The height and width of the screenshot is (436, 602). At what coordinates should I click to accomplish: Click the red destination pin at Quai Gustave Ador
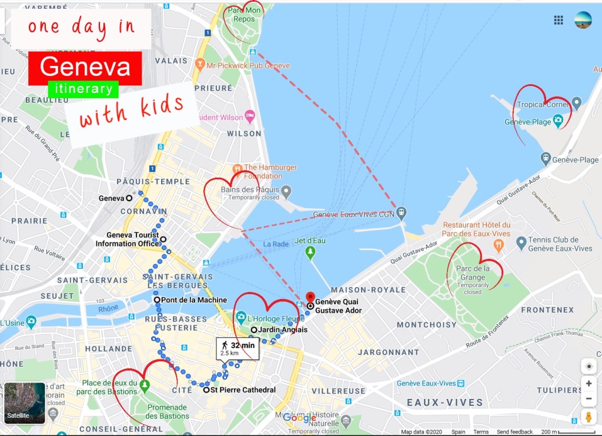pos(310,297)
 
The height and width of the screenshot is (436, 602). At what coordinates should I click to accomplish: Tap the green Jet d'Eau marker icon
pos(310,252)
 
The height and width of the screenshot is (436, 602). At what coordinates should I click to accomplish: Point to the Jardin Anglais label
pos(283,330)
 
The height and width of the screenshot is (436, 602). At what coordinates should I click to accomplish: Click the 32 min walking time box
pos(238,348)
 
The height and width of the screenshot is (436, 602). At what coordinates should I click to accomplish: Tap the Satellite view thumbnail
pos(25,404)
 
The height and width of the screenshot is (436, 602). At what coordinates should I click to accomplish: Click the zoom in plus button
pos(588,384)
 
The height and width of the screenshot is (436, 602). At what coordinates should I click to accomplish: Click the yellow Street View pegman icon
pos(588,417)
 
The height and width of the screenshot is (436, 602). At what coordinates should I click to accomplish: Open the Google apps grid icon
pos(558,21)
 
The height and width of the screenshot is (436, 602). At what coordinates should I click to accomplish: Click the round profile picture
pos(583,20)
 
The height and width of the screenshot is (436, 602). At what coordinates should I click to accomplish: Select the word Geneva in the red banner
pos(85,67)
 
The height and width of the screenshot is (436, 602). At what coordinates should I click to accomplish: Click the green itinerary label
pos(83,89)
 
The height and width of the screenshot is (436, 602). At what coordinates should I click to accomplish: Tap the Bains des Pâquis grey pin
pos(286,191)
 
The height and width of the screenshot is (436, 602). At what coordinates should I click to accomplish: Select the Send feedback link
pos(514,432)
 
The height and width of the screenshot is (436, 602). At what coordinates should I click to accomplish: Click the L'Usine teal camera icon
pos(31,322)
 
